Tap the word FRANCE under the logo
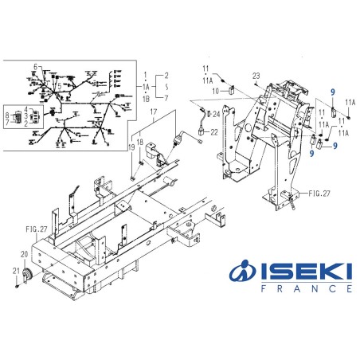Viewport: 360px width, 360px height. click(306, 291)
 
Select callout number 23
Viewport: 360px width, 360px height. click(256, 75)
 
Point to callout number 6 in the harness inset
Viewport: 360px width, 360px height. click(35, 65)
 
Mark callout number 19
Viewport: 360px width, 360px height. click(132, 147)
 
